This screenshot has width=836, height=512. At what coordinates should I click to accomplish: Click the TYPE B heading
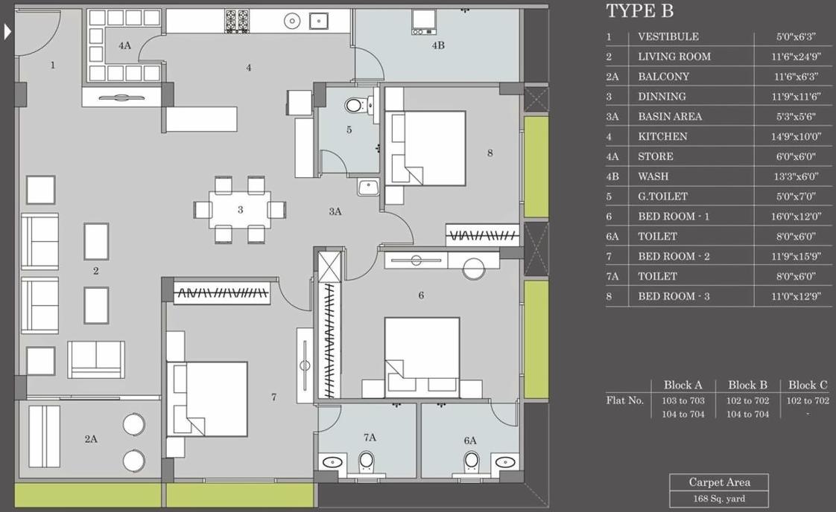pyautogui.click(x=639, y=11)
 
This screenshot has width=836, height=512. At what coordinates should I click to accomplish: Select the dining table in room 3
pyautogui.click(x=240, y=209)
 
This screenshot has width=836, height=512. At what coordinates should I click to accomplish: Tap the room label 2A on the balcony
pyautogui.click(x=90, y=439)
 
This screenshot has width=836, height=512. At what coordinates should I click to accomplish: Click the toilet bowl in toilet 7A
pyautogui.click(x=367, y=462)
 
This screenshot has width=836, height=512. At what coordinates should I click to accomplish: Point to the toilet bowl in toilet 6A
pyautogui.click(x=471, y=462)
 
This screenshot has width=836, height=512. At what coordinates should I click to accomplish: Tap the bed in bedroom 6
pyautogui.click(x=422, y=349)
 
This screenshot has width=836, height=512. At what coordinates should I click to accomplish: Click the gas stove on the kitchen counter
pyautogui.click(x=237, y=21)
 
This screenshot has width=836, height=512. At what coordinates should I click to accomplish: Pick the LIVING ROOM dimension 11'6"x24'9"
pyautogui.click(x=795, y=57)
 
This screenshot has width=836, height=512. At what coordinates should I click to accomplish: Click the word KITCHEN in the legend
pyautogui.click(x=662, y=136)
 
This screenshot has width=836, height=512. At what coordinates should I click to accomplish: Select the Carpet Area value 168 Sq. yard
pyautogui.click(x=718, y=499)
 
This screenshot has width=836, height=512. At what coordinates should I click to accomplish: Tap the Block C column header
pyautogui.click(x=808, y=385)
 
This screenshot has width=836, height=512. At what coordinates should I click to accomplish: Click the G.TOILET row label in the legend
pyautogui.click(x=662, y=196)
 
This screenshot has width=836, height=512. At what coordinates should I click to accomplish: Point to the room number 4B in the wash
pyautogui.click(x=438, y=45)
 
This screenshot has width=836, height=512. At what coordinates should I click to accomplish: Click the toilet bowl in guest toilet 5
pyautogui.click(x=355, y=105)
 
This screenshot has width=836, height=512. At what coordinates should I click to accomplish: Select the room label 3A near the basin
pyautogui.click(x=335, y=211)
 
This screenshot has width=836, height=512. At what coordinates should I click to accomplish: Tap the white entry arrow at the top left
pyautogui.click(x=8, y=32)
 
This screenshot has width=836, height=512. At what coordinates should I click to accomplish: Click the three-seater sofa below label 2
pyautogui.click(x=96, y=359)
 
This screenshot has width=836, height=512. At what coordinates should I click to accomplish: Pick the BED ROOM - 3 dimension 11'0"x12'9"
pyautogui.click(x=795, y=296)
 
